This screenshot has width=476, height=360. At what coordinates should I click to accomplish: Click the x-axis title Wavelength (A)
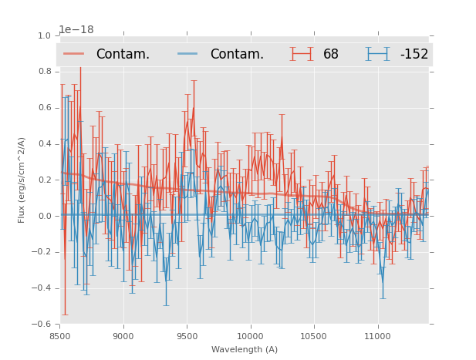tap(245, 349)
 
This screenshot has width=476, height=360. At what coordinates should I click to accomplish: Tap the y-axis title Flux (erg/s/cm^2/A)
tap(22, 180)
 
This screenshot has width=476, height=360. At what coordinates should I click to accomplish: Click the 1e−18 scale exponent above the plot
tap(76, 30)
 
